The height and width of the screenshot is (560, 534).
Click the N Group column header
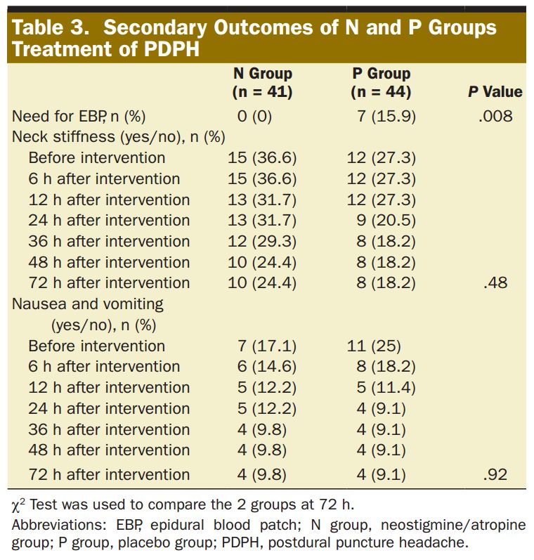[263, 82]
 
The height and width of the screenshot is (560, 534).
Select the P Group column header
[381, 82]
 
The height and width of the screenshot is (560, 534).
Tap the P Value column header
[495, 92]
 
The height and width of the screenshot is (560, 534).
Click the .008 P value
[495, 116]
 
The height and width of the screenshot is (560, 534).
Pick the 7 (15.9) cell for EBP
[386, 117]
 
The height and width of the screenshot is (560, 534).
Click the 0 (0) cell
[254, 117]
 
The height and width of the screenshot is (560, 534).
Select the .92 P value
[495, 474]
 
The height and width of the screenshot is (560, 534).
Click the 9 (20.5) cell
[386, 221]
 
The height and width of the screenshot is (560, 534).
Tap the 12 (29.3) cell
[263, 242]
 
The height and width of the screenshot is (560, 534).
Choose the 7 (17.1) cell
[267, 346]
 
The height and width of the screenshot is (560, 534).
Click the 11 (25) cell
[375, 346]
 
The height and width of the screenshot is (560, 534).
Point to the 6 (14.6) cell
[267, 367]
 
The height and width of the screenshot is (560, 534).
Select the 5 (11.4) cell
[386, 388]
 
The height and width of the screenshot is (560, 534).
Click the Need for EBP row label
[79, 117]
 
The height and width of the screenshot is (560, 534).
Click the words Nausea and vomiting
[88, 304]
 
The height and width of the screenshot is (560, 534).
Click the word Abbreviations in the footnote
[60, 525]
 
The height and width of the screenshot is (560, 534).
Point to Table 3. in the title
[51, 27]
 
